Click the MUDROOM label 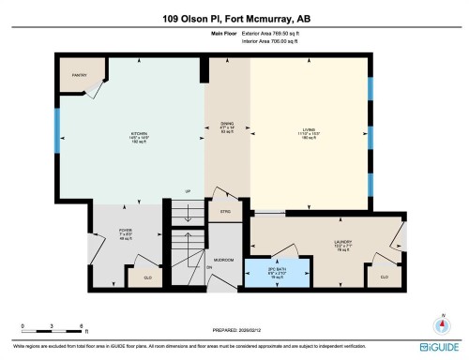[223, 259]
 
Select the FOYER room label [123, 231]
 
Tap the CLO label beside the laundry [385, 277]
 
